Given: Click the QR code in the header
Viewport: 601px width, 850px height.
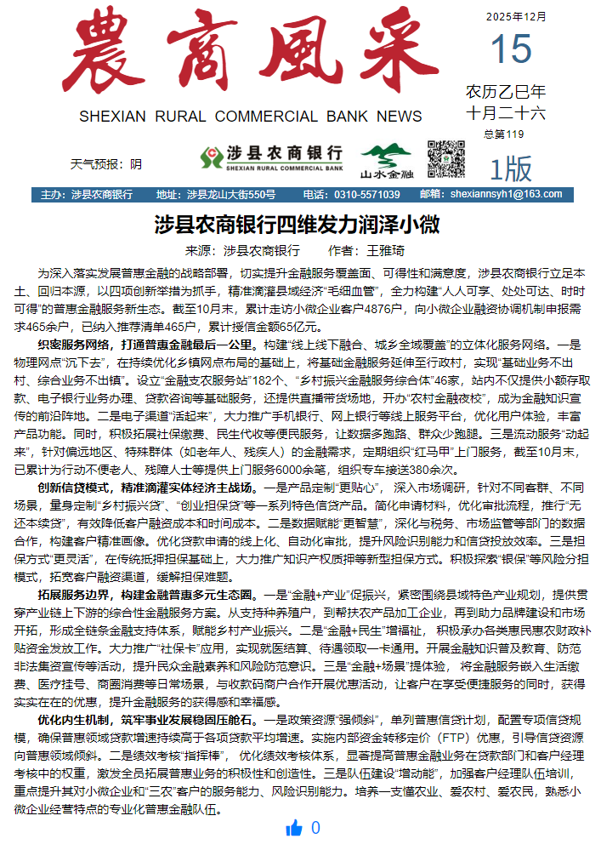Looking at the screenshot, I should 445,158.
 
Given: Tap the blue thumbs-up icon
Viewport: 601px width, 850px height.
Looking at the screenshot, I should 295,829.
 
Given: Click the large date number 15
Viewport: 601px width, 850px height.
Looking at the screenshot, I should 510,50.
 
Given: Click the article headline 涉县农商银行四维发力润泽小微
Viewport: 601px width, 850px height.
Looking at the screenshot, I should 297,225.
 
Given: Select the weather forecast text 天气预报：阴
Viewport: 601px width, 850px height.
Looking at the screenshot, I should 106,163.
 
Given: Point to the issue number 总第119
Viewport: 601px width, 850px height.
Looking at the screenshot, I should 503,134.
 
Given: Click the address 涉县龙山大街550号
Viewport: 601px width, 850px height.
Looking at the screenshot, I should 231,195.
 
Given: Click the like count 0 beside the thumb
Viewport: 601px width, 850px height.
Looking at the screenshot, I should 316,829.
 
